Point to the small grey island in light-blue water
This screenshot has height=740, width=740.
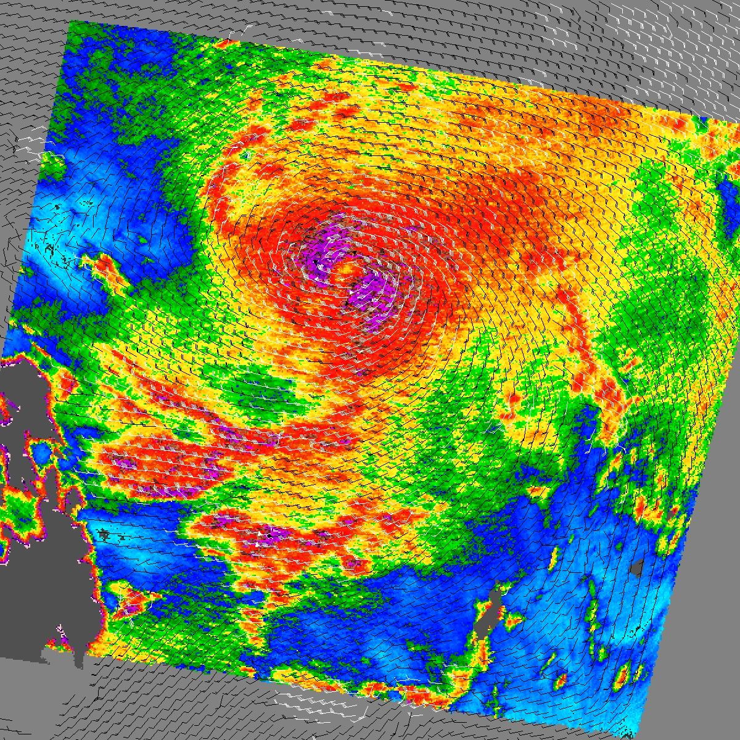[x=638, y=567]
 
